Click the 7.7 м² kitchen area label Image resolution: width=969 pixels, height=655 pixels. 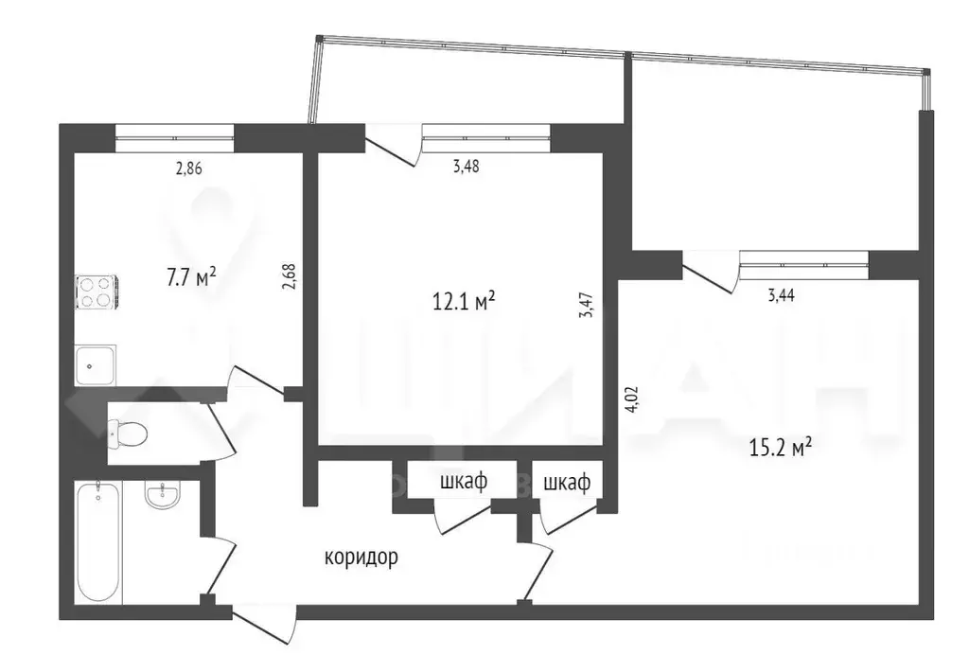(x=191, y=277)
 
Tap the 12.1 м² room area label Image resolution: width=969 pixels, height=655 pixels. (x=464, y=302)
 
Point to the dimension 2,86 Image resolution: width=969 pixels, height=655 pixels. (x=189, y=169)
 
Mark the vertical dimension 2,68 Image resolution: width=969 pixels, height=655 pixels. (x=291, y=282)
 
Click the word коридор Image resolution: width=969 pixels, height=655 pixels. (x=361, y=558)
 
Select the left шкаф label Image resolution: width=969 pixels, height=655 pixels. (x=464, y=482)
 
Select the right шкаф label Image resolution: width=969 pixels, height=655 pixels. (x=567, y=483)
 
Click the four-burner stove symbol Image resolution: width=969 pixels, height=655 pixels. (x=96, y=291)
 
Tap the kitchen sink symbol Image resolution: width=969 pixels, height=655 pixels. (x=96, y=364)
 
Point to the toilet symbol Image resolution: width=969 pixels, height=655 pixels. (x=128, y=434)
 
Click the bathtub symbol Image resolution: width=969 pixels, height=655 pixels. (x=98, y=540)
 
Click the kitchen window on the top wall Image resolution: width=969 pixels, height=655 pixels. (x=174, y=138)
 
